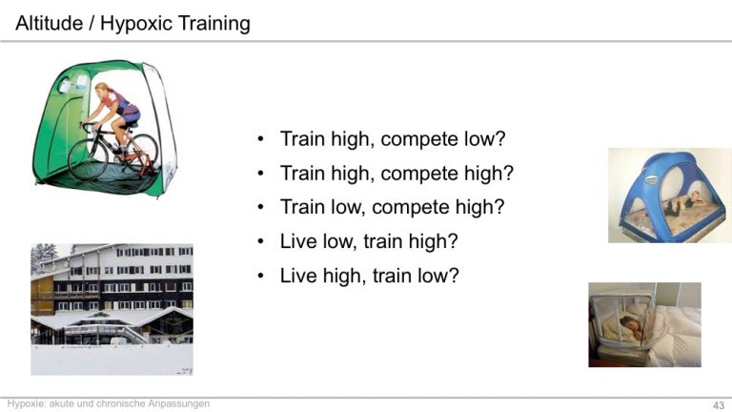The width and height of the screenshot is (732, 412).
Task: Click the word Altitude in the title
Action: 49,23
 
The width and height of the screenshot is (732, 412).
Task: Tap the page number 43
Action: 719,405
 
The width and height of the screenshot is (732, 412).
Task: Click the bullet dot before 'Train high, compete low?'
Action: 260,138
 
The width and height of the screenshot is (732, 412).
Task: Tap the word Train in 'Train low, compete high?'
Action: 302,207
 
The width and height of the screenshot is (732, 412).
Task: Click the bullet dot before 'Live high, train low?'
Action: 260,276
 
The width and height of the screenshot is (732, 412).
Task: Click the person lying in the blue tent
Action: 685,203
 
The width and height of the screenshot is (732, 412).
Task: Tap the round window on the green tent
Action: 65,85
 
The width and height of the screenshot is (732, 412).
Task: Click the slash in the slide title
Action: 91,23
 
